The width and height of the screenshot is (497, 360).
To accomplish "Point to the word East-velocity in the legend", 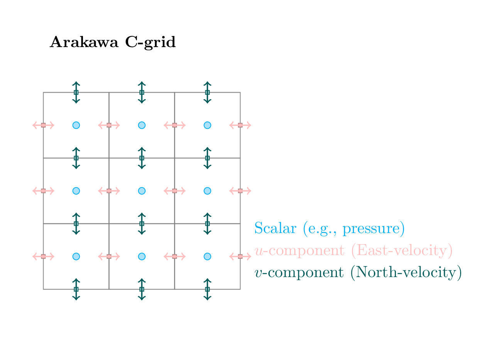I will point(401,251).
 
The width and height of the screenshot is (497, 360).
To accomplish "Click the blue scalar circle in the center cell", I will point(142,191).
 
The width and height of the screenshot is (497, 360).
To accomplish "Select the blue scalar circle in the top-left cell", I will point(76,125).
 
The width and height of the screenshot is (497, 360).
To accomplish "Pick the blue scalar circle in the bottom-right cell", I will point(207,256).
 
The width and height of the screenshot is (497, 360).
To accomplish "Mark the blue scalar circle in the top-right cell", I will point(207,125).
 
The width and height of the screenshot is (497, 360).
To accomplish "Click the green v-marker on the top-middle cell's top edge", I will point(142,92).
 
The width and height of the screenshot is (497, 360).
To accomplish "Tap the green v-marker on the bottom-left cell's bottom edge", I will point(76,289).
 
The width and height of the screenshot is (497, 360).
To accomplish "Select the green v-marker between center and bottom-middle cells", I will point(142,223).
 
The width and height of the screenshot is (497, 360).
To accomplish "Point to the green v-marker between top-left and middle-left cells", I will point(76,158).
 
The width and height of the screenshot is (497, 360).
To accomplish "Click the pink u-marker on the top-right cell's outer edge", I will point(240,125).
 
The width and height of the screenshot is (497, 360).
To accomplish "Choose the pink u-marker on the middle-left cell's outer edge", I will point(43,191).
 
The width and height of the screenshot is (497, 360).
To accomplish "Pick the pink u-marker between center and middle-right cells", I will point(174,191).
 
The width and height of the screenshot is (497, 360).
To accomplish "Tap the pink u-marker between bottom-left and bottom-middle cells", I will point(109,256).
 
